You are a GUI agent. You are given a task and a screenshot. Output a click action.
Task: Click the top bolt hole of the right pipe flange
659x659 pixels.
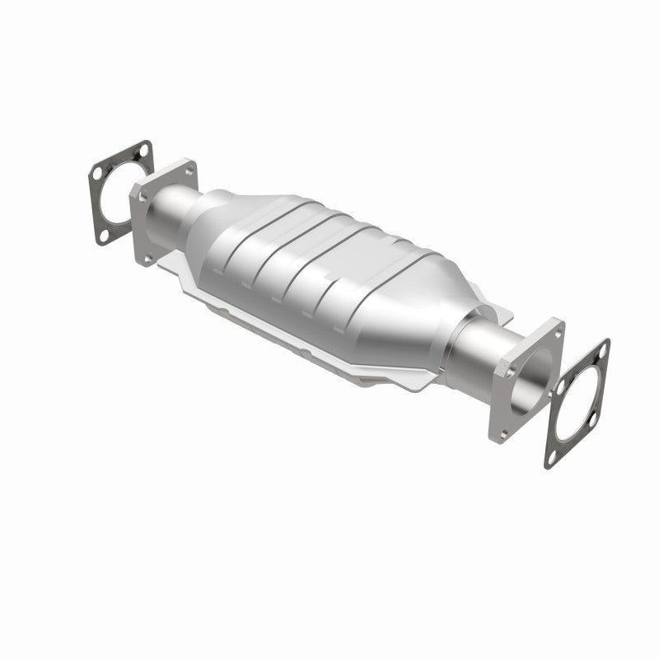[x=557, y=333]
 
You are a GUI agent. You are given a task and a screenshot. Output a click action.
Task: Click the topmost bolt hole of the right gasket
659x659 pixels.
[x=602, y=349]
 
